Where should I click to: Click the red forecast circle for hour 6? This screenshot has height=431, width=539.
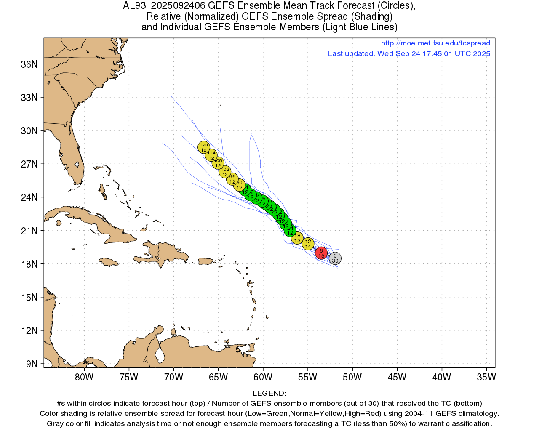[321, 253]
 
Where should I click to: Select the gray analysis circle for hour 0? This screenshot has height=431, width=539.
[335, 258]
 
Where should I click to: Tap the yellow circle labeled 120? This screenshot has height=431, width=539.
[204, 147]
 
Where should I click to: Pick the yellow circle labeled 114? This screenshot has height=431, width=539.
[211, 155]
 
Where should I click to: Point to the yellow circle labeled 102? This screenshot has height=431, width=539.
[225, 172]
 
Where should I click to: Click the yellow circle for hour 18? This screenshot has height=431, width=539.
[297, 238]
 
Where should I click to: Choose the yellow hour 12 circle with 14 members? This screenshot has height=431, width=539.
[308, 244]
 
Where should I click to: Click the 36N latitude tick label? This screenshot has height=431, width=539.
[29, 64]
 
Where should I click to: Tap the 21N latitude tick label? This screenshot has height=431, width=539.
[29, 231]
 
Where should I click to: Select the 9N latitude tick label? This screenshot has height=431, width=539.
[32, 364]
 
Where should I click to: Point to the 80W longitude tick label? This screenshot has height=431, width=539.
[84, 377]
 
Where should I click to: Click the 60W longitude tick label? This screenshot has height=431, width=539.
[263, 377]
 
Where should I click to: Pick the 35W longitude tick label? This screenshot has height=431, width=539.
[486, 377]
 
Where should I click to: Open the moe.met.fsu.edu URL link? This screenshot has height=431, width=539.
[435, 43]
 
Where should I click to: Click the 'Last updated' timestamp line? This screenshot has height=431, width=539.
[409, 54]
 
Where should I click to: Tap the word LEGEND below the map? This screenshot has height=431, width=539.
[269, 394]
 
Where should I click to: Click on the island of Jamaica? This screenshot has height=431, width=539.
[109, 262]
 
